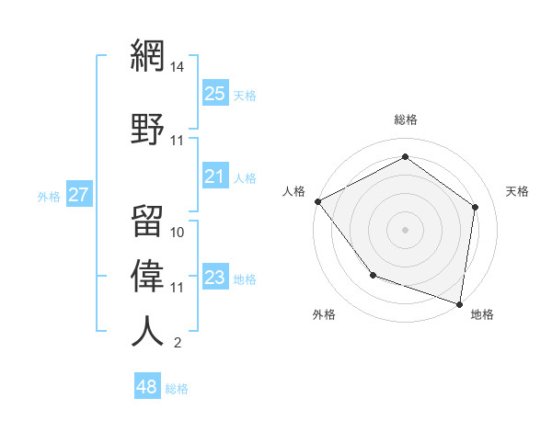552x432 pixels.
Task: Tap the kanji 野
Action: pos(148,129)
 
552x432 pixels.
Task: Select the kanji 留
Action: pos(148,221)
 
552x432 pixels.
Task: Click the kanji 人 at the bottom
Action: pos(148,331)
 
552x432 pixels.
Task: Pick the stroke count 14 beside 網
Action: pos(178,67)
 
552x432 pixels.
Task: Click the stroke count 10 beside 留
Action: pos(178,233)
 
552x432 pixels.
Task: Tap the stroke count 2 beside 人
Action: pos(177,344)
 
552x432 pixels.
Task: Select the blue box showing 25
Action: pos(215,94)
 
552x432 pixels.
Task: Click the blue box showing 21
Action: pos(215,176)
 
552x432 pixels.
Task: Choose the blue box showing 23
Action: pos(215,278)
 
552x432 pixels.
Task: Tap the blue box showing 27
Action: pos(78,195)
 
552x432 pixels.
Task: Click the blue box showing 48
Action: pos(147,387)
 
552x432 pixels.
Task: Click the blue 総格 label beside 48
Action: pos(177,389)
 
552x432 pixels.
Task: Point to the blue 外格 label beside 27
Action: pos(49,196)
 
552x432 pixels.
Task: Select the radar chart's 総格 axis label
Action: pos(406,119)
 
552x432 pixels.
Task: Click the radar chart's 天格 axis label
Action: pos(518,191)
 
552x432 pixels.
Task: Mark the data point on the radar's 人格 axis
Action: pos(318,201)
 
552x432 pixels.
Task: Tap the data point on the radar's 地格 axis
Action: pos(459,303)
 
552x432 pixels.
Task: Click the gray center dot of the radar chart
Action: pos(406,229)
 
